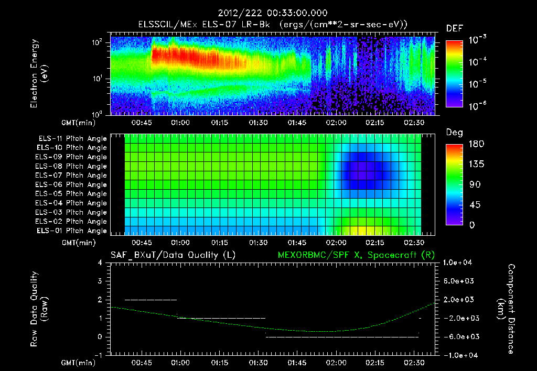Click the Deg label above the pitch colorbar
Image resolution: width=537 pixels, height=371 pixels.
[454, 133]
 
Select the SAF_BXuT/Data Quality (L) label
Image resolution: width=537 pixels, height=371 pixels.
[173, 255]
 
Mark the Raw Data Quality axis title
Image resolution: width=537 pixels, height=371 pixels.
[39, 309]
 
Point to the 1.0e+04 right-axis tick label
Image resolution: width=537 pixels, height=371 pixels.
[458, 263]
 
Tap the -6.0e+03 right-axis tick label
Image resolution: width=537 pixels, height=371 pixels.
[458, 336]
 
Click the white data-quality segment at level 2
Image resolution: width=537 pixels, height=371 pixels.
[151, 300]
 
